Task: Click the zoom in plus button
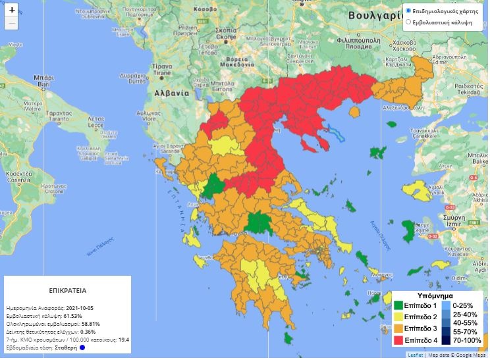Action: [x=12, y=11]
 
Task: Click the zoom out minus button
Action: [x=12, y=24]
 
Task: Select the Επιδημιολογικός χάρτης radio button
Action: [x=408, y=11]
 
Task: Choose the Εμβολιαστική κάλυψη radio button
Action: [x=408, y=22]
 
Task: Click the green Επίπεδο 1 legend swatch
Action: [x=398, y=305]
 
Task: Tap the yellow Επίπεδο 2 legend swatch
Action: [x=398, y=317]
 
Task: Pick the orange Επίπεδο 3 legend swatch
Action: [x=398, y=328]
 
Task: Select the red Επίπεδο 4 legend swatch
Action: [x=398, y=339]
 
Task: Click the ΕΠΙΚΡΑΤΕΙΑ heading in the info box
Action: [x=68, y=290]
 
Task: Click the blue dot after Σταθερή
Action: [x=82, y=347]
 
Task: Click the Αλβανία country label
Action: [x=173, y=93]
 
